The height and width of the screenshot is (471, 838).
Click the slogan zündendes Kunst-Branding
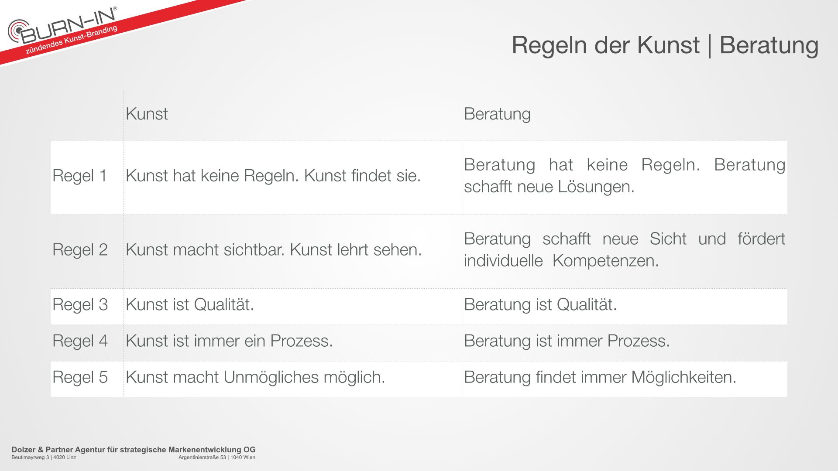(x=72, y=40)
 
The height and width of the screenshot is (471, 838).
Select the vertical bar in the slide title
(x=710, y=46)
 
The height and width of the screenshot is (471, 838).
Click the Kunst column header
(x=147, y=114)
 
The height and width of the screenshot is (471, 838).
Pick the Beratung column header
(x=497, y=114)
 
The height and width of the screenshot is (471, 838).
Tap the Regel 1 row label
(x=80, y=176)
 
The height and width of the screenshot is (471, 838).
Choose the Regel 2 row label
(x=80, y=250)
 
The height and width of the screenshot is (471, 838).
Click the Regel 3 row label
(x=80, y=305)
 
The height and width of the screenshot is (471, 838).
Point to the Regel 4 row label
(x=80, y=341)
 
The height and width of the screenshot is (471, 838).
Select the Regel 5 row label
(x=80, y=377)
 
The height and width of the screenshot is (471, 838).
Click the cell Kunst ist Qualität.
(x=190, y=304)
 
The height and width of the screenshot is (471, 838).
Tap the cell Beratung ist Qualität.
(x=540, y=304)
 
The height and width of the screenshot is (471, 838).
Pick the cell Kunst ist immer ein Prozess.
(x=229, y=341)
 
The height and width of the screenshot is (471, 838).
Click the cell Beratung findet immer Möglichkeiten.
(x=600, y=377)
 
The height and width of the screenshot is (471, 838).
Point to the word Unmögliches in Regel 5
(x=271, y=377)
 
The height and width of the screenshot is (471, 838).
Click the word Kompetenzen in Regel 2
(x=605, y=261)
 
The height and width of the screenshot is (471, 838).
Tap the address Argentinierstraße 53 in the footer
(x=202, y=457)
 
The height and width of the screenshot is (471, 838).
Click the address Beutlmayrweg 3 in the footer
(x=30, y=457)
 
